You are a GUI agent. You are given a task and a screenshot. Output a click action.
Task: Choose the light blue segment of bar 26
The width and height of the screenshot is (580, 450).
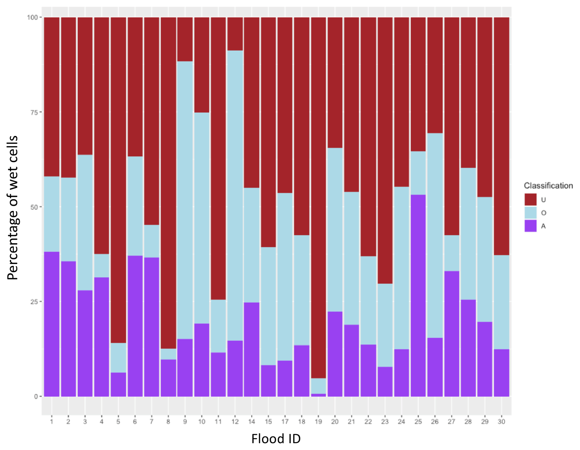tap(435, 236)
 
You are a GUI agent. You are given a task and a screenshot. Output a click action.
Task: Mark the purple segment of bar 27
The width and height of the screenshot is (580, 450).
tap(452, 334)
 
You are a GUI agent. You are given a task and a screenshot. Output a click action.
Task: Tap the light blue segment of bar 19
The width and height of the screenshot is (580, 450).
tap(318, 386)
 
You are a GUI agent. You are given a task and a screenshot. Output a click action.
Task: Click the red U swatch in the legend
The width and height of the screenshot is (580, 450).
tap(530, 200)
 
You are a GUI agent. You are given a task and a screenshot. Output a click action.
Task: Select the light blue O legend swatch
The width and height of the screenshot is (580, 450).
tap(530, 213)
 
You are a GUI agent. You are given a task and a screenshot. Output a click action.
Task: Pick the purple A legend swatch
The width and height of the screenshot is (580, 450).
tap(530, 226)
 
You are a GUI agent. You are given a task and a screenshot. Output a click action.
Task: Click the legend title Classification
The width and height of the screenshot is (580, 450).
tap(548, 186)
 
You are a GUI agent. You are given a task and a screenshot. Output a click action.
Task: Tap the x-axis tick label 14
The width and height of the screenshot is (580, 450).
tap(252, 422)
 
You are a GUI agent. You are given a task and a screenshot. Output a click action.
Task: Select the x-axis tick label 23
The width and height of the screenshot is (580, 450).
tap(385, 422)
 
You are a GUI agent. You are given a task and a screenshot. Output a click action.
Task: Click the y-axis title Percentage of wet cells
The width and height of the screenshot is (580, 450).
tap(13, 207)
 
